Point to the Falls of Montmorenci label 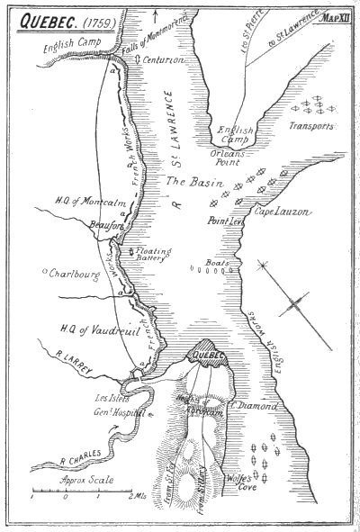pyautogui.click(x=116, y=43)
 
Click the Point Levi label pyautogui.click(x=253, y=221)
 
